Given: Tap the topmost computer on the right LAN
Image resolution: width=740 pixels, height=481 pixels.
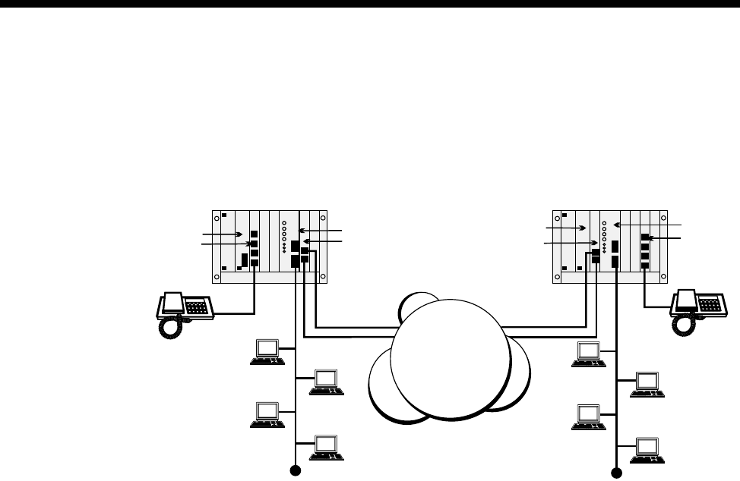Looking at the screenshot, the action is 590,354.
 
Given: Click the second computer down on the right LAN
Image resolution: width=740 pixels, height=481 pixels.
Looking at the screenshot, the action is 647,382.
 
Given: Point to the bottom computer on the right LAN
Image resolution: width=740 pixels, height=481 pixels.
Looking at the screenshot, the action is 647,447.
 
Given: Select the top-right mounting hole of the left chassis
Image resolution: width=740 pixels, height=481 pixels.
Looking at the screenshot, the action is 322,216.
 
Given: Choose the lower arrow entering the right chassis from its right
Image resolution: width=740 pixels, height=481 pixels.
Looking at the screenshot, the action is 668,237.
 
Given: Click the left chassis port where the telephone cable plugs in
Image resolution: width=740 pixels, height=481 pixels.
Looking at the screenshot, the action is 255,263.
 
